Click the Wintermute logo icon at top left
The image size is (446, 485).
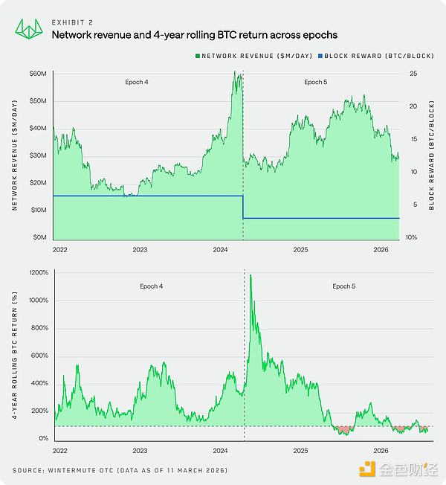(x=28, y=28)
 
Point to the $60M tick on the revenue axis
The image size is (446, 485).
(x=38, y=74)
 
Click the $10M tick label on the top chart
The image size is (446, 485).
(x=38, y=211)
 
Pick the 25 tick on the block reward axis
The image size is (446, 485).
(x=413, y=74)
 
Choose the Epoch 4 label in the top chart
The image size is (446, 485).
(x=136, y=82)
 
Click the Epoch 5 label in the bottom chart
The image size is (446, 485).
(x=343, y=286)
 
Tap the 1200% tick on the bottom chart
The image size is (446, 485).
(x=37, y=273)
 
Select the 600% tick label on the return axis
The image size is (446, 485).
(x=38, y=356)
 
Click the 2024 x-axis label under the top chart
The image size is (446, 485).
(x=220, y=250)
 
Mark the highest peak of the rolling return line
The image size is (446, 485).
(x=251, y=275)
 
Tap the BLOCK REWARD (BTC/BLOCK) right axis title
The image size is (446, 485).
(x=432, y=155)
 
